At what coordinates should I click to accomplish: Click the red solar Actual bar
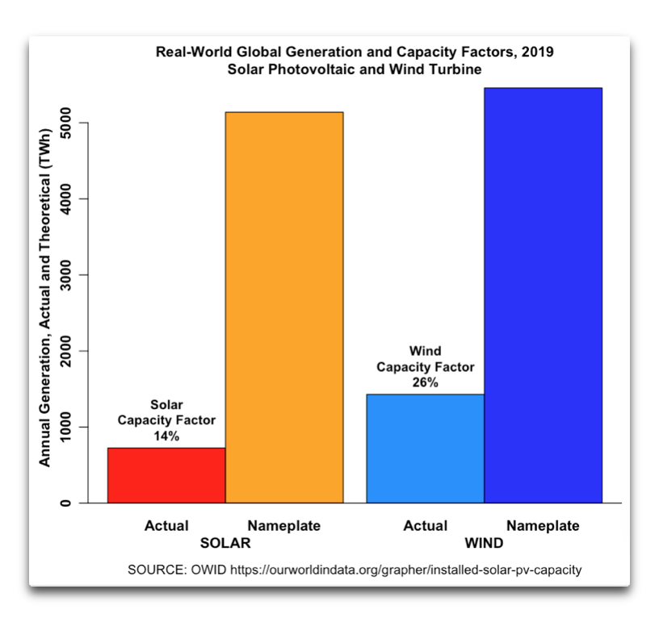(166, 475)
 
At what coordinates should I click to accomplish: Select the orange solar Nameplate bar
(284, 307)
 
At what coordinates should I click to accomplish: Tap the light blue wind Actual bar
(425, 448)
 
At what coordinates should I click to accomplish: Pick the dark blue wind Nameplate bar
(543, 294)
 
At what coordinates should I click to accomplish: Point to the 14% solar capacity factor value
(166, 436)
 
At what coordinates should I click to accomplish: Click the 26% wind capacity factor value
(425, 382)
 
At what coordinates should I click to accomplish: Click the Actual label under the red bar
(166, 526)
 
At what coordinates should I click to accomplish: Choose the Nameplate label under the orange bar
(284, 526)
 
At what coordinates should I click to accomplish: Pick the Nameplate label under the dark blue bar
(543, 526)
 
